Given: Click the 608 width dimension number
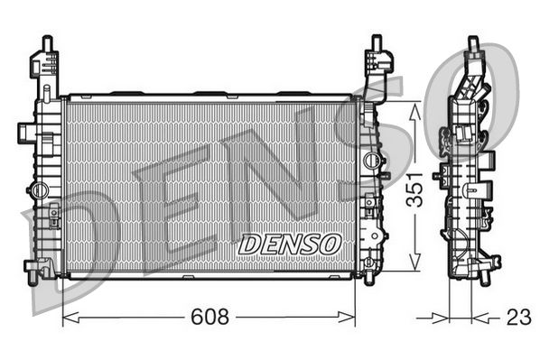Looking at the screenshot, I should click(209, 318).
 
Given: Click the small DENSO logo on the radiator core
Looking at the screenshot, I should click(289, 243).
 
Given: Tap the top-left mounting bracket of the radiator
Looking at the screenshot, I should click(44, 63).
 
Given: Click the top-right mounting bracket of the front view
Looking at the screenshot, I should click(377, 61).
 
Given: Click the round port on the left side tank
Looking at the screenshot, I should click(37, 190).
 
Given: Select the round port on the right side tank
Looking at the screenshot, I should click(369, 161).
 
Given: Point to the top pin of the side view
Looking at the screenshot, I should click(470, 45).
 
